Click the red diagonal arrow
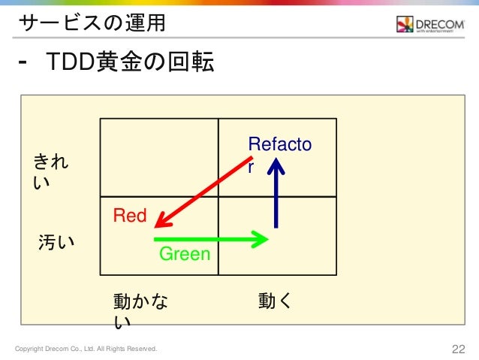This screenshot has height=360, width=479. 203,191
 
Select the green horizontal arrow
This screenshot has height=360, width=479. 210,240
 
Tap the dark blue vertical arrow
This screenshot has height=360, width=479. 277,195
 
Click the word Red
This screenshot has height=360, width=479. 129,216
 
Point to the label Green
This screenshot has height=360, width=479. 185,255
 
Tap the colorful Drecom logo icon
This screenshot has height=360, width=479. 405,25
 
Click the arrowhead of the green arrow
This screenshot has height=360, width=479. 261,240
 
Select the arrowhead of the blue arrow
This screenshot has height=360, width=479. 277,167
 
